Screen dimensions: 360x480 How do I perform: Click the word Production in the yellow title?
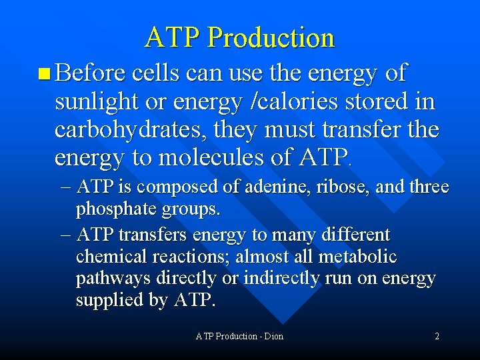coord(271,38)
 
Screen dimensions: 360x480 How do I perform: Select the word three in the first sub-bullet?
coord(428,187)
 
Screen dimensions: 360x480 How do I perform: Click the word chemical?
coord(110,257)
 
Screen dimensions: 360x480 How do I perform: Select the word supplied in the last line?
coord(110,301)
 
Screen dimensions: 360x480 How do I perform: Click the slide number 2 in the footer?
coord(437,336)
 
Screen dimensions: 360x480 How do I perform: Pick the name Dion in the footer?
coord(273,336)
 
